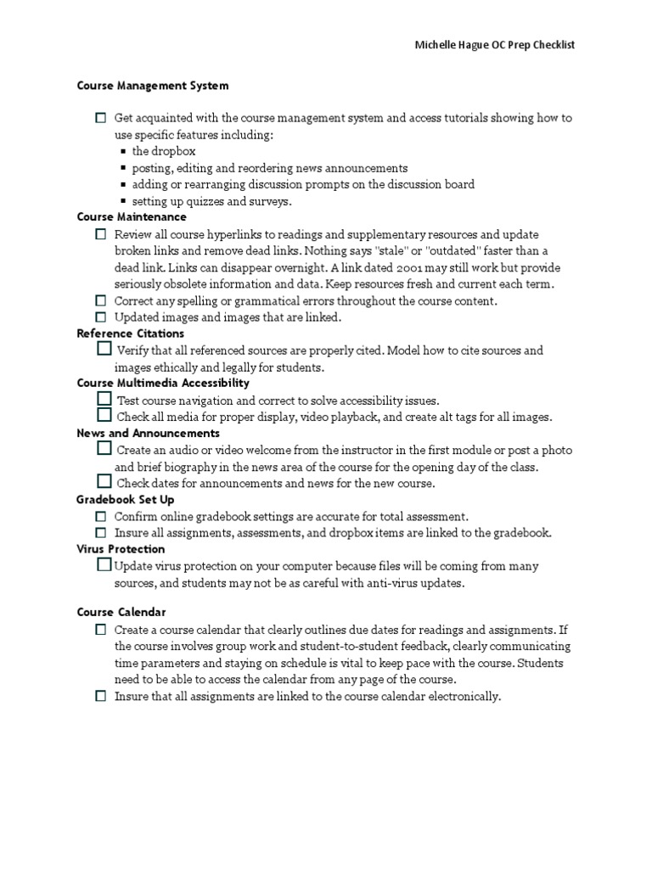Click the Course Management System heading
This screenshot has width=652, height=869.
[x=153, y=86]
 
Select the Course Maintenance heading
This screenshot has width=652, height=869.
[x=132, y=217]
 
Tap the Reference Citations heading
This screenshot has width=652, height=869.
[x=130, y=334]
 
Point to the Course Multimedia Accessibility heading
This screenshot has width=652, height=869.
[x=163, y=383]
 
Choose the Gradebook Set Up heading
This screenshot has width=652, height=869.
[x=125, y=500]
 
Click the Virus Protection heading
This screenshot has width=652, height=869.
[x=121, y=549]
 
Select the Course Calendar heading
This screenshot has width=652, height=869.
[x=121, y=612]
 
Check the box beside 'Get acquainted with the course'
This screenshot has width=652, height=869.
[x=101, y=118]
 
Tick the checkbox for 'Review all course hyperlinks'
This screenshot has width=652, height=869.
[x=101, y=233]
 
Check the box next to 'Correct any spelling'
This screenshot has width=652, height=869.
[x=101, y=300]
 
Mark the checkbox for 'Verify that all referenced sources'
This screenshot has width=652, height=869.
[x=104, y=349]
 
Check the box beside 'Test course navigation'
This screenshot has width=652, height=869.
[x=104, y=398]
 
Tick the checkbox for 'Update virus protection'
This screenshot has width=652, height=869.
[x=104, y=564]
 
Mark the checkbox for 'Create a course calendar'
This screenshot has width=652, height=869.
[x=101, y=629]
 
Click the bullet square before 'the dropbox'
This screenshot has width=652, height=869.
[x=123, y=152]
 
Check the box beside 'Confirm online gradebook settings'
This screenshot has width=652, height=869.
[x=101, y=516]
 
